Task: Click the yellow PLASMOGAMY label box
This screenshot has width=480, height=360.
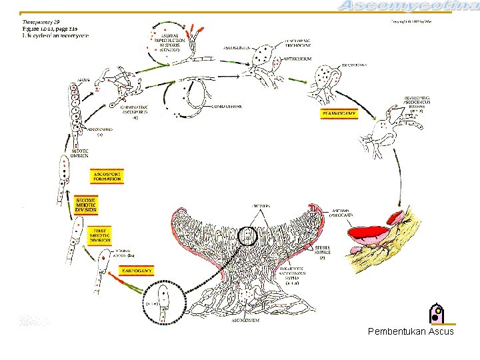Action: click(x=339, y=114)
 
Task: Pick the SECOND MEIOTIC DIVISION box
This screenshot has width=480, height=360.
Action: click(x=86, y=205)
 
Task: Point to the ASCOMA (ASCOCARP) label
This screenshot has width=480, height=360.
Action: click(x=342, y=213)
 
